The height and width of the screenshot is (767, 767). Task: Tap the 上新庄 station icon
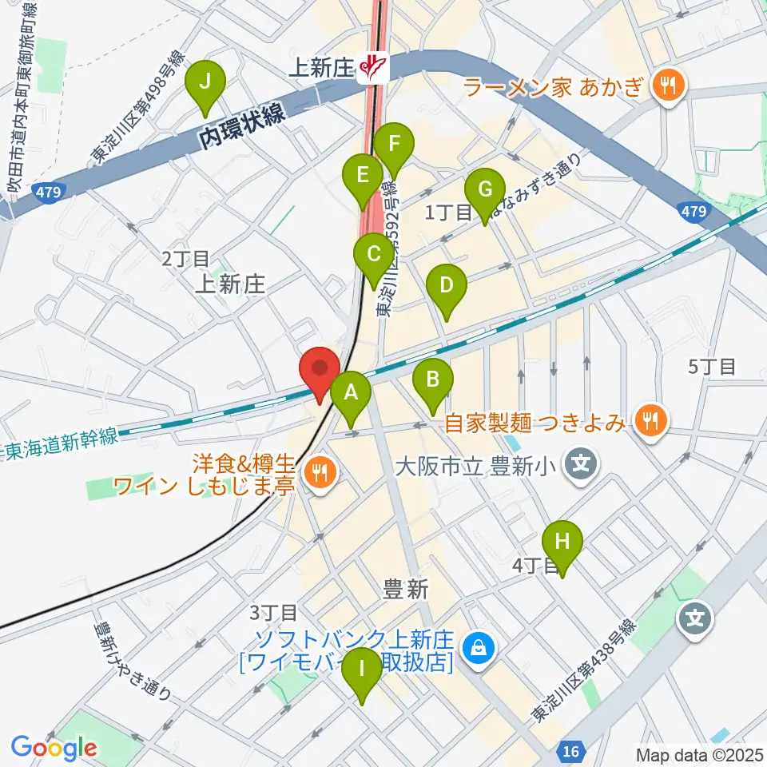[x=372, y=68]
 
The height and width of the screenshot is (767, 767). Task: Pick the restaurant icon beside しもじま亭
[x=320, y=471]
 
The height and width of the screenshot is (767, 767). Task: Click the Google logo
[x=54, y=748]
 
